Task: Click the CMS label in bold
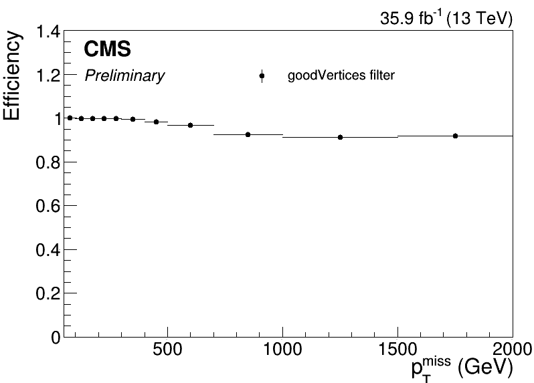(x=107, y=49)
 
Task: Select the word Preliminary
(x=124, y=76)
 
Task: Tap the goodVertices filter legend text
(x=341, y=76)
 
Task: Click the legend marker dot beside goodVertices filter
(x=262, y=76)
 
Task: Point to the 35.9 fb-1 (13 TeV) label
(x=446, y=19)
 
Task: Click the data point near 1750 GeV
(x=455, y=136)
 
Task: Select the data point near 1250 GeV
(x=340, y=137)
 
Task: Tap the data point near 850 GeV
(x=248, y=134)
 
